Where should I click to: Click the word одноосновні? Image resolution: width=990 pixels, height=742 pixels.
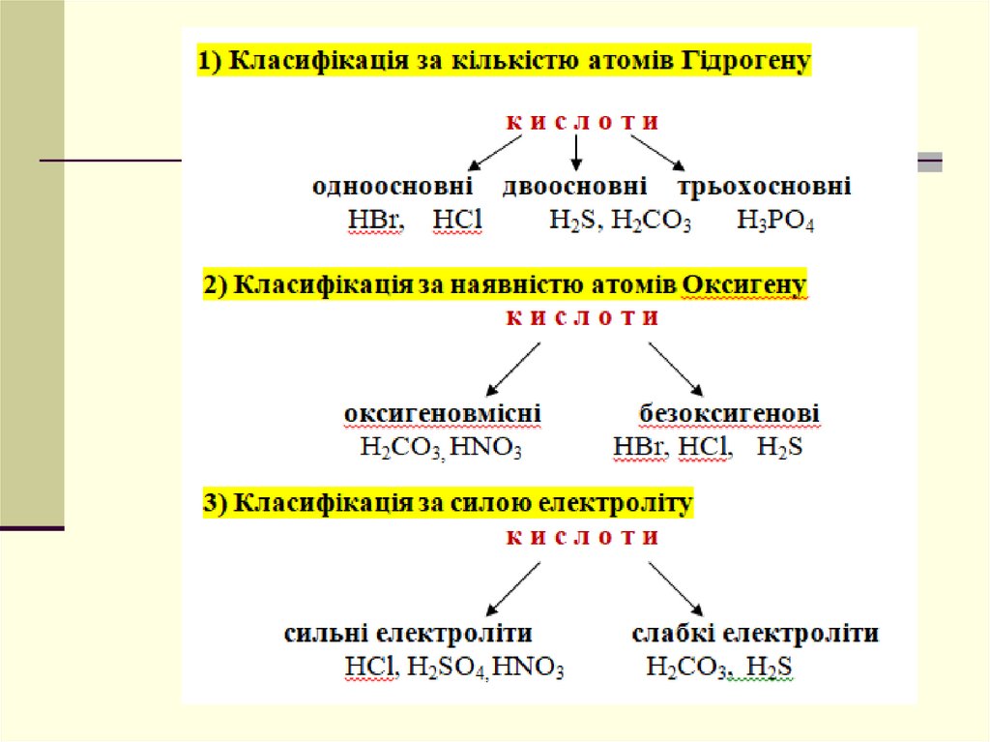pos(392,187)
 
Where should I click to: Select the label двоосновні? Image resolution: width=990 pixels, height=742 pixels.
pos(574,187)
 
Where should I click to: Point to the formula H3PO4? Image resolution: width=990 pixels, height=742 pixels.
pos(775,222)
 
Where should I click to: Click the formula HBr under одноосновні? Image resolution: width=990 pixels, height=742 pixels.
pos(374,221)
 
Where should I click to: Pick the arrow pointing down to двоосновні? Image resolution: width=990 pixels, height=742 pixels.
pos(576,154)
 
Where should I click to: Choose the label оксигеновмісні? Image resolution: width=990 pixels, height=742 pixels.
pos(442,414)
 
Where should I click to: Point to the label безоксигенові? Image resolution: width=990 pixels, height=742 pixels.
pos(729,414)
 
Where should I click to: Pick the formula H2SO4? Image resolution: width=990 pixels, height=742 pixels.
pos(447,668)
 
